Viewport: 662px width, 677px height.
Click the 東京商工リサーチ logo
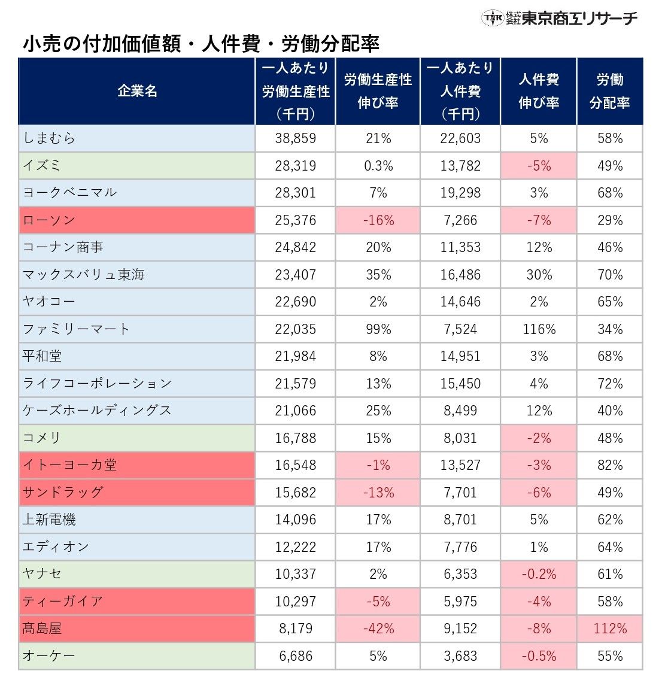[x=560, y=18]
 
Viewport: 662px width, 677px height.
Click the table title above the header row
[x=201, y=44]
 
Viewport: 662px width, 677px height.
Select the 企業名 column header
[x=137, y=91]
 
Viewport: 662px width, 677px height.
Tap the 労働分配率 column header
[x=609, y=91]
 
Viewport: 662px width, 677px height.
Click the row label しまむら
[x=49, y=138]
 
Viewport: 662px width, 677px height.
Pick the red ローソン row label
[x=49, y=220]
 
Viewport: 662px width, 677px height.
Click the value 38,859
[x=295, y=138]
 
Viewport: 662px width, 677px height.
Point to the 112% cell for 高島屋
[x=609, y=629]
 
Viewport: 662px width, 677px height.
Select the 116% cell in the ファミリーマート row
[x=538, y=329]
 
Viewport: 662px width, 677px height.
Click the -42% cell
[x=378, y=629]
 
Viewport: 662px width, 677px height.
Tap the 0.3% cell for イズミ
[x=378, y=166]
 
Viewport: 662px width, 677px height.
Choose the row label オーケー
[x=49, y=656]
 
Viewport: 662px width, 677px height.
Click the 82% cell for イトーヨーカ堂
[x=609, y=465]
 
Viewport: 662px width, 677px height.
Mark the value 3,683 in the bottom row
[x=460, y=656]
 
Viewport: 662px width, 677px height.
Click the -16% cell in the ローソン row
[x=378, y=220]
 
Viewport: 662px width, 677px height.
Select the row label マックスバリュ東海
[x=84, y=275]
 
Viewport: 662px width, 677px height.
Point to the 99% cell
[x=378, y=329]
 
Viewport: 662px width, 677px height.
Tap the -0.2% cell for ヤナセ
[x=538, y=574]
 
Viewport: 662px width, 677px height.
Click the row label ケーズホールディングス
[x=97, y=411]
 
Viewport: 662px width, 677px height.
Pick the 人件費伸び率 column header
[x=538, y=91]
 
